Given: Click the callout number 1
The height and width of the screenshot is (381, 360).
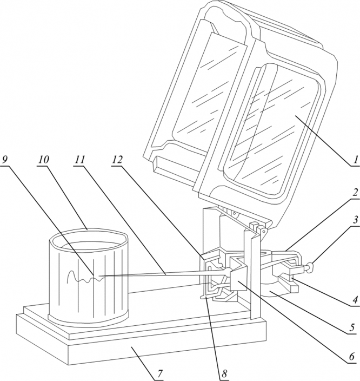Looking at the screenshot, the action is click(x=356, y=160).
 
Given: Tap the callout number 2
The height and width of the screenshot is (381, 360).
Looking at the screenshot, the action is click(x=355, y=193).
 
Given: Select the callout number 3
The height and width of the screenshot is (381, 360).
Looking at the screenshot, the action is click(x=355, y=220).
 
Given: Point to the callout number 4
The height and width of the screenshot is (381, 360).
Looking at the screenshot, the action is click(x=355, y=300).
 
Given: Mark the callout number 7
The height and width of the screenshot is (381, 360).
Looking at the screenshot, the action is click(x=159, y=374).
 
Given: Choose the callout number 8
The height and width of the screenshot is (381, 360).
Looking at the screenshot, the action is click(x=224, y=374).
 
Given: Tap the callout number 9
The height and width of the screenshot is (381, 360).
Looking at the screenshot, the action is click(x=5, y=160).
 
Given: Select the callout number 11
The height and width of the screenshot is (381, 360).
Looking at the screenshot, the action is click(x=79, y=160).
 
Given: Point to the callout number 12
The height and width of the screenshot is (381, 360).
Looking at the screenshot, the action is click(x=117, y=160).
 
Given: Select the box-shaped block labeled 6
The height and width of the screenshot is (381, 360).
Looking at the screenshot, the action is click(x=238, y=274).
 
